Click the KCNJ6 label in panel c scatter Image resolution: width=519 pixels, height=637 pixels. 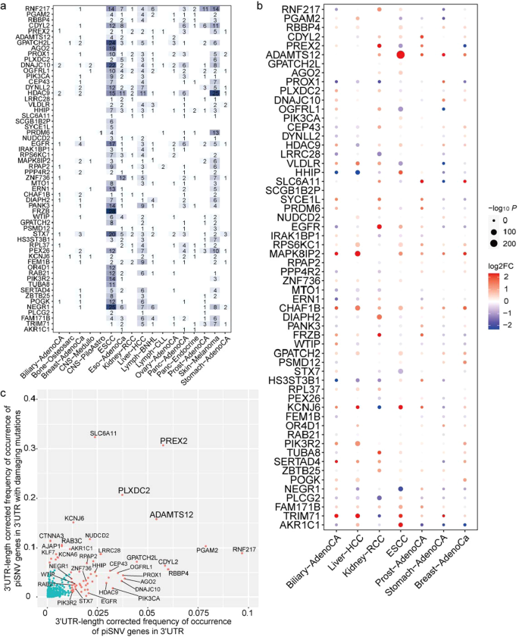tap(74, 518)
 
